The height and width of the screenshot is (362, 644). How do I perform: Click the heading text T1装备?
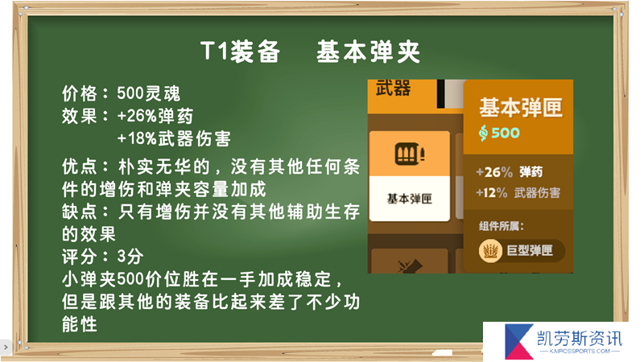click(x=241, y=51)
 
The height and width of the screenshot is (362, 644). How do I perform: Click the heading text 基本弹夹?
click(x=369, y=51)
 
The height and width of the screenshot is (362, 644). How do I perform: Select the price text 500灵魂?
click(x=149, y=93)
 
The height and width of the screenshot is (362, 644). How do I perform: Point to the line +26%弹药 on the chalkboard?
click(x=155, y=116)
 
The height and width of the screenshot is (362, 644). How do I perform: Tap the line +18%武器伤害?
click(x=174, y=138)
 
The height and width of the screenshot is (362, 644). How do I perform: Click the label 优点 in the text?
click(x=80, y=167)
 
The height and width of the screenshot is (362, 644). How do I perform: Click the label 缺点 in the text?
click(x=80, y=212)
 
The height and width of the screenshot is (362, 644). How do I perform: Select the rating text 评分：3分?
click(x=103, y=257)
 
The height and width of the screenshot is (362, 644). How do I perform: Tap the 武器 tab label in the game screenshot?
click(x=393, y=88)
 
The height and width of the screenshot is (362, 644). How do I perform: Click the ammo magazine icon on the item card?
click(x=410, y=154)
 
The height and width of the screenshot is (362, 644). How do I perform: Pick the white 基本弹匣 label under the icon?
click(x=410, y=199)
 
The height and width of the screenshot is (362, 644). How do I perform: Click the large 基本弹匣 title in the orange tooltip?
click(x=521, y=108)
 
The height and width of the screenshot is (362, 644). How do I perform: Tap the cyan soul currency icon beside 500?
click(x=484, y=133)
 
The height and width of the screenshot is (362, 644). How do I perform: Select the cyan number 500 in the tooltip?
click(x=506, y=133)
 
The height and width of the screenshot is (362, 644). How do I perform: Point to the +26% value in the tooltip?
click(x=494, y=172)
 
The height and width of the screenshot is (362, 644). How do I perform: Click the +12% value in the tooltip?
click(x=492, y=192)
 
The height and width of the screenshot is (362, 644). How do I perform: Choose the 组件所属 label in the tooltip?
click(x=501, y=226)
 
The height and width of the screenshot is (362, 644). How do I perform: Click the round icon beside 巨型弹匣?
click(x=490, y=251)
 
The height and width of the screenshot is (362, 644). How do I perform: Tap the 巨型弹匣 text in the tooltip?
click(x=530, y=251)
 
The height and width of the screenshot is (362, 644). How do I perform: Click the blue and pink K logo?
click(x=518, y=341)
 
